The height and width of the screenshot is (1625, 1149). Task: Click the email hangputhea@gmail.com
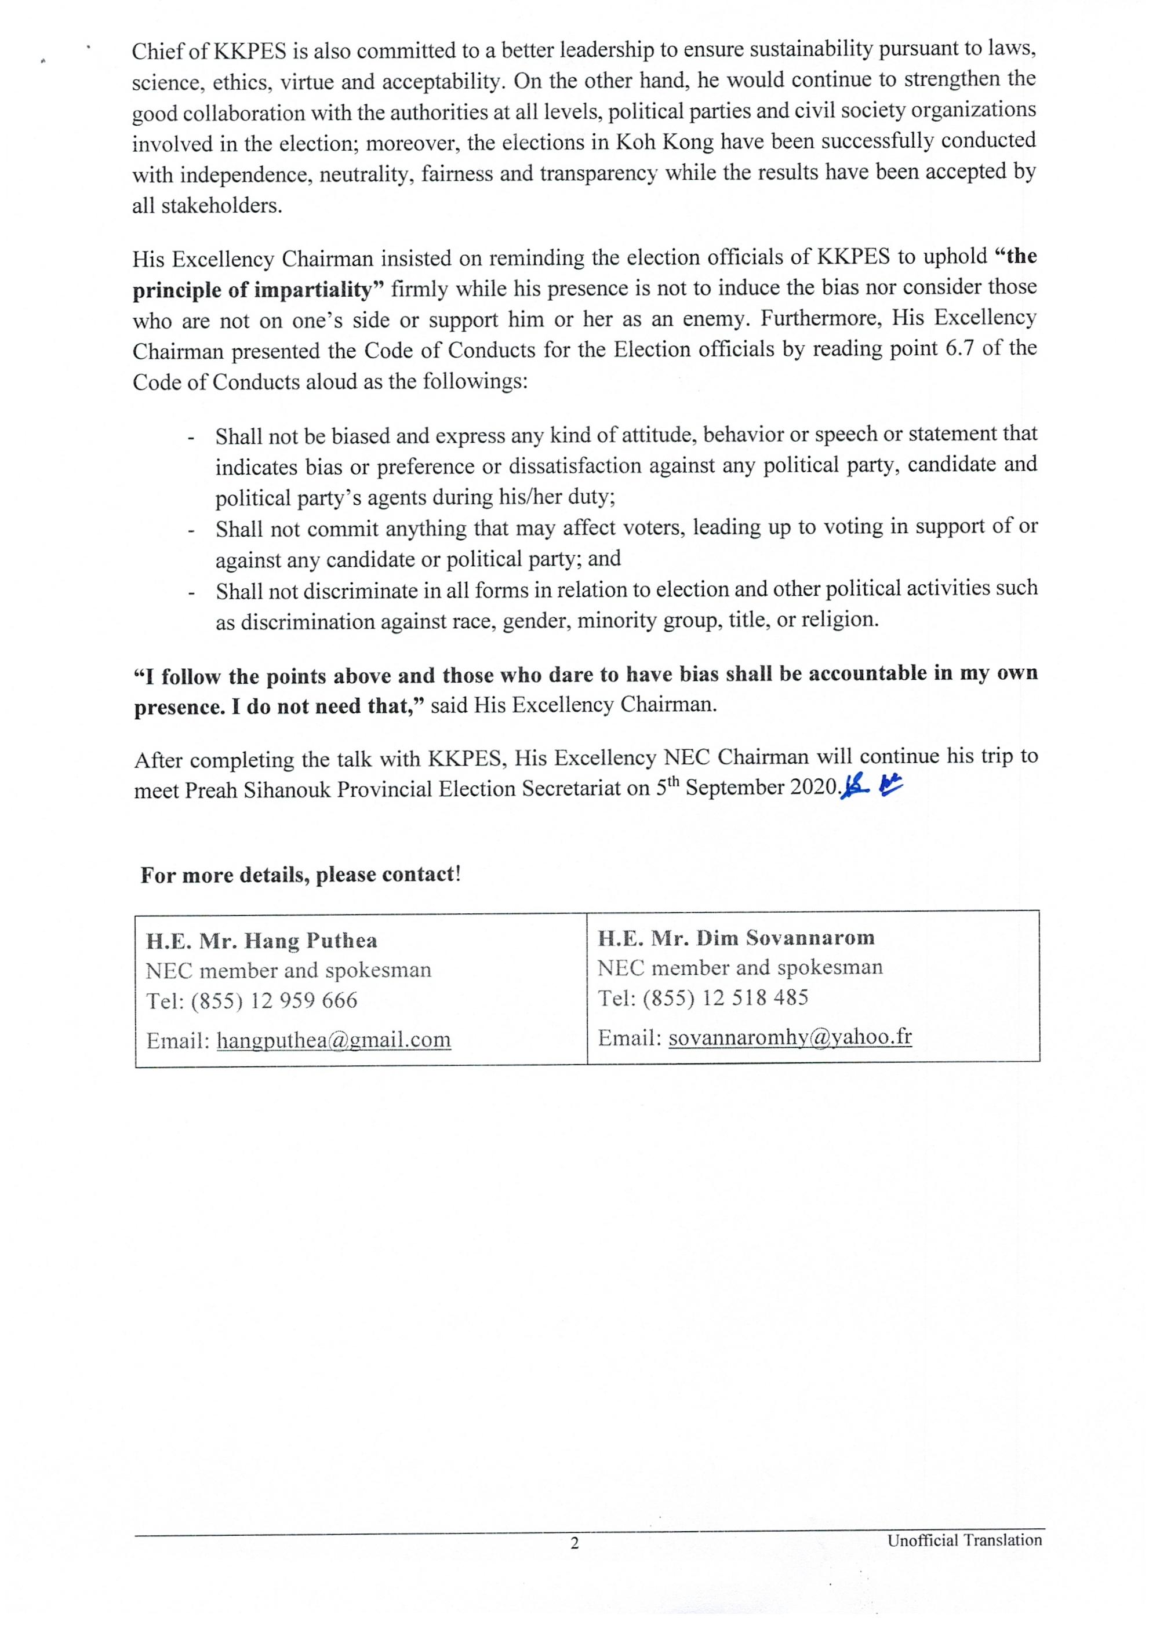333,1040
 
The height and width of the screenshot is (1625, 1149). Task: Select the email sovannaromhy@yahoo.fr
790,1037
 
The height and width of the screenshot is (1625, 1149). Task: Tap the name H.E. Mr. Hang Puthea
261,941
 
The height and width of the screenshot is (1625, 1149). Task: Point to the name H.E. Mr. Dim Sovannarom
736,938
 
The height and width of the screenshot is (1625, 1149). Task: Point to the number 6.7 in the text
961,349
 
